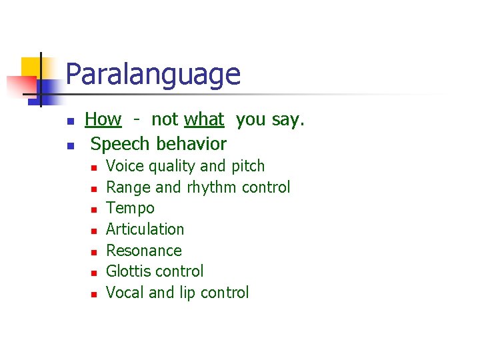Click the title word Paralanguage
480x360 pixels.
click(x=153, y=75)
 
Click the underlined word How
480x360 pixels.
click(x=103, y=120)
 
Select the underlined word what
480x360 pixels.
click(x=204, y=120)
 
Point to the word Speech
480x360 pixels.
click(x=121, y=144)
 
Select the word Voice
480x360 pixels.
click(x=125, y=166)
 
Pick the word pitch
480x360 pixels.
click(x=248, y=167)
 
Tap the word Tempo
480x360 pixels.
click(x=130, y=208)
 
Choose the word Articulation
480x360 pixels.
click(x=145, y=229)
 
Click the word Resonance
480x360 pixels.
click(x=143, y=251)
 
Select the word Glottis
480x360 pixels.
click(x=129, y=271)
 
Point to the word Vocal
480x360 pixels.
click(x=125, y=293)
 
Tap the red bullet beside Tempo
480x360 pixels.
click(x=95, y=209)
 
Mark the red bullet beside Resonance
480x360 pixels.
click(x=95, y=252)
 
